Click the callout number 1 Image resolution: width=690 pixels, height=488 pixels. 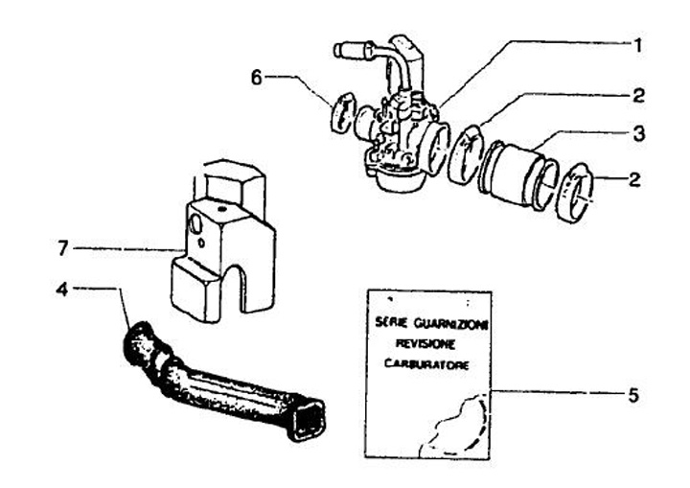pos(636,43)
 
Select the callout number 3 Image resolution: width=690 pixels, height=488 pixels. pos(637,135)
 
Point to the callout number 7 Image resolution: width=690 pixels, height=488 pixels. pos(62,248)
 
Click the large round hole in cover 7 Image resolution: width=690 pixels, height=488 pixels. pos(197,226)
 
